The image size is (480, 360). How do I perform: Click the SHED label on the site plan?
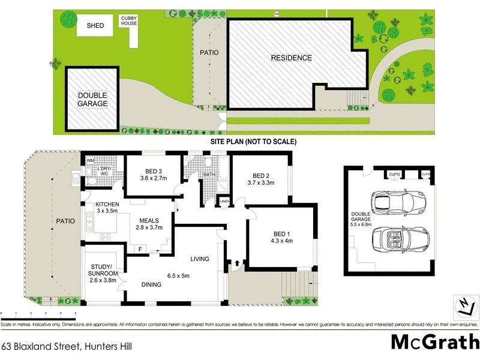[95, 26]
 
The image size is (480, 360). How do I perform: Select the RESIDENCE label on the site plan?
[291, 58]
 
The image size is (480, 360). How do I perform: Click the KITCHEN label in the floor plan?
[107, 205]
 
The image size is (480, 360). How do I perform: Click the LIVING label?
[200, 259]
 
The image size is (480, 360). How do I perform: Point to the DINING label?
[151, 284]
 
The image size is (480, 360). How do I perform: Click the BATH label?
[209, 175]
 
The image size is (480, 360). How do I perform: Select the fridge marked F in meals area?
[140, 248]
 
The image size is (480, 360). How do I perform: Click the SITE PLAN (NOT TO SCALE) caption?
[253, 142]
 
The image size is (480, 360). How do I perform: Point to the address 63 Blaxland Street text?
[66, 346]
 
